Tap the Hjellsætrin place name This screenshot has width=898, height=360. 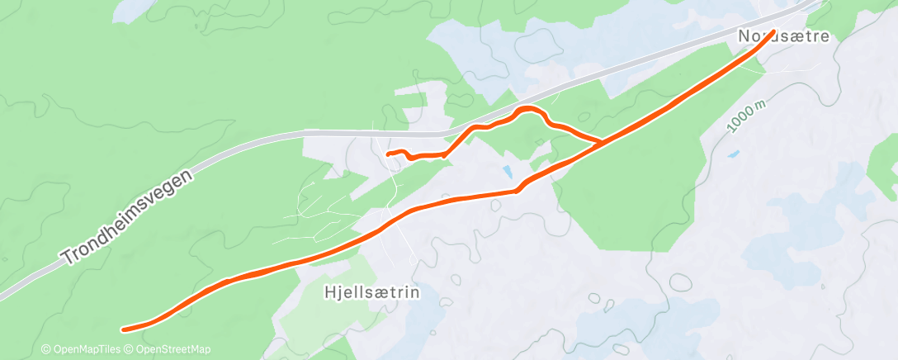tap(372, 292)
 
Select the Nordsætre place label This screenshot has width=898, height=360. tap(783, 37)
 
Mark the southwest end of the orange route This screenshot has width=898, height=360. tap(124, 329)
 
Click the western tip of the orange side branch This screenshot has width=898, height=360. tap(388, 154)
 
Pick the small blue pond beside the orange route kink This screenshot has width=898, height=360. tap(507, 172)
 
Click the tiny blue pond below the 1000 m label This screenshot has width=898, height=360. tap(733, 154)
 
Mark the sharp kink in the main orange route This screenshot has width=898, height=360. tap(517, 190)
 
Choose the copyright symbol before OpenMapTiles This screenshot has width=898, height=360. tap(46, 349)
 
